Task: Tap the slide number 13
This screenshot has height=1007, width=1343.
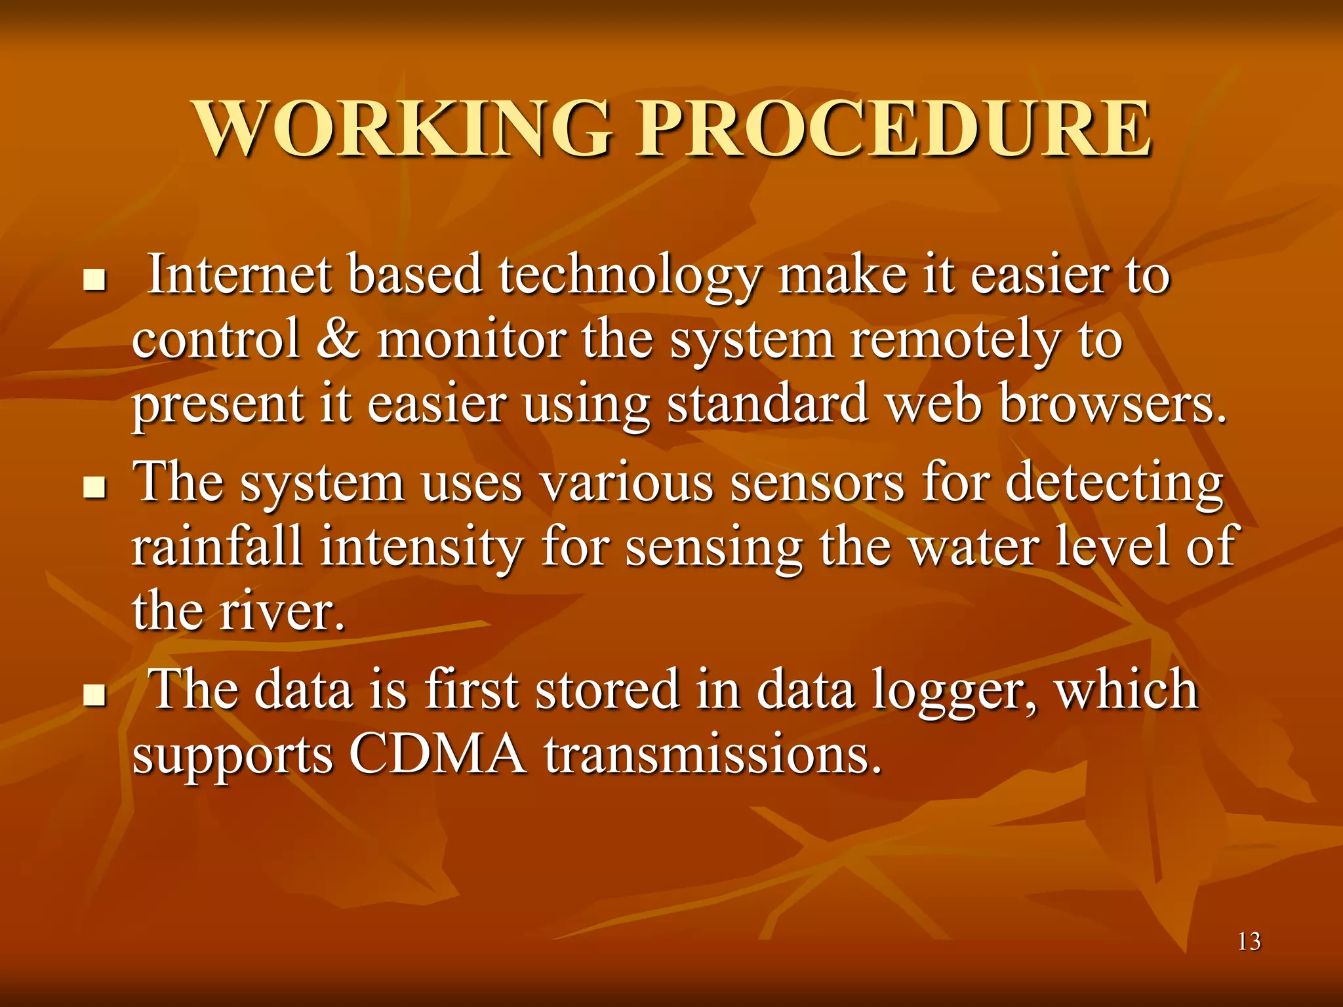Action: click(x=1249, y=941)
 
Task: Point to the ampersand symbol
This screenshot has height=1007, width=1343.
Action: click(x=338, y=340)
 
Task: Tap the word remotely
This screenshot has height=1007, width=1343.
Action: click(x=955, y=341)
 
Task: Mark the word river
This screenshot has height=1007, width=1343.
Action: click(x=282, y=611)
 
